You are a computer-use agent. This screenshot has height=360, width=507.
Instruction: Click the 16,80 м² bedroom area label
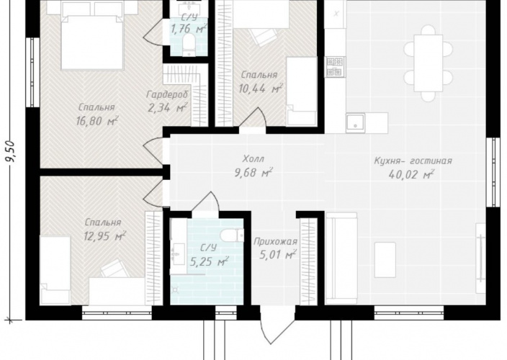pos(97,121)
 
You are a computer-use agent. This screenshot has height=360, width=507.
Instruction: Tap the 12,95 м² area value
pos(104,236)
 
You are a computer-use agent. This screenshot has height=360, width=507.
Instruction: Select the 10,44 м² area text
pos(261,88)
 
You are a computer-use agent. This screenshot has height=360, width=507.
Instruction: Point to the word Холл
pos(253,158)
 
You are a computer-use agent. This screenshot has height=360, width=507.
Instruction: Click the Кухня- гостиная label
pos(413,161)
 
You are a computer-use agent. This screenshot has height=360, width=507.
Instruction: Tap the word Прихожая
pos(275,241)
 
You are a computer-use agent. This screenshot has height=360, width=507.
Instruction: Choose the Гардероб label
pos(167,94)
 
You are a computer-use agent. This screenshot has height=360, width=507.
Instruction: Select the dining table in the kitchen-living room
pos(428,63)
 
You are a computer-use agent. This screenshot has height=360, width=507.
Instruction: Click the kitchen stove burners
pos(336,67)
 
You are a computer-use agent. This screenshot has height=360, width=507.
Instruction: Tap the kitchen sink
pos(355,123)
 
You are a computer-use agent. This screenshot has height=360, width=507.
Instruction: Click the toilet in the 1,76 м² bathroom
pos(188,45)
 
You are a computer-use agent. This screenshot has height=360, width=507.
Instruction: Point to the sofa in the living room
pos(341,258)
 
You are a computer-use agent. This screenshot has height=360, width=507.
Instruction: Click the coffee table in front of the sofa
pos(385,260)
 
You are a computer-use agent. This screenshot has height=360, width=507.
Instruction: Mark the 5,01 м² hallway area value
pos(278,255)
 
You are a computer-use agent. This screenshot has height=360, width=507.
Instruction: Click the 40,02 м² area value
pos(411,174)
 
